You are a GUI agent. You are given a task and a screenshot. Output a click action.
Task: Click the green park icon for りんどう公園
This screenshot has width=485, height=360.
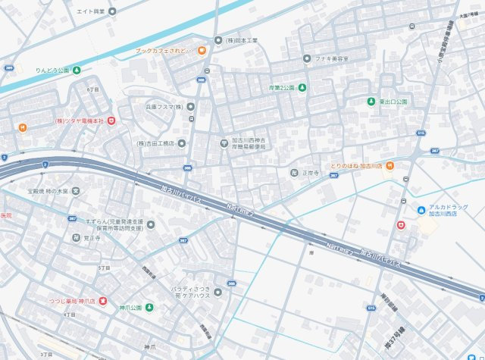coord(77,70)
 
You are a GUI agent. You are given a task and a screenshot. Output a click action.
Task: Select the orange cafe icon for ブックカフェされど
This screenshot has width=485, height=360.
coord(202,51)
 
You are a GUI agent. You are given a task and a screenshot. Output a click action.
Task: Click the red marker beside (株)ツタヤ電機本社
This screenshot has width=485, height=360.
coord(111,121)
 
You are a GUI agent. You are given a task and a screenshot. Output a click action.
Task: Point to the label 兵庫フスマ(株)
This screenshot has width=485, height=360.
coord(165,107)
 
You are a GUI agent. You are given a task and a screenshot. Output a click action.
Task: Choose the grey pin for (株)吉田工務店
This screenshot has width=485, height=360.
coord(182,143)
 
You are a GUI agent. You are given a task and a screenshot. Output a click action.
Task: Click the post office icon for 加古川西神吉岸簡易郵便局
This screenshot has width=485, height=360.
coord(224,142)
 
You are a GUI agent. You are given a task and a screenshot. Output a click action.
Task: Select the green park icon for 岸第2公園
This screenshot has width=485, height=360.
coord(302,88)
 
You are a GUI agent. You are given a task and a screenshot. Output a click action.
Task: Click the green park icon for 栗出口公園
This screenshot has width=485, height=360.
coord(371,102)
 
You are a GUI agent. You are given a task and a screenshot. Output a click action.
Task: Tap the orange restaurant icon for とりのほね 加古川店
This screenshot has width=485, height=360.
coord(389,166)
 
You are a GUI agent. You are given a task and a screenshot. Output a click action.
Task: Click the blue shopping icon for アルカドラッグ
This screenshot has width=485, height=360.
coord(421,210)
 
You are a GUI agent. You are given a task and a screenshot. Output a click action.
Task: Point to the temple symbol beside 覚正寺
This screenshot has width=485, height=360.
coord(76,237)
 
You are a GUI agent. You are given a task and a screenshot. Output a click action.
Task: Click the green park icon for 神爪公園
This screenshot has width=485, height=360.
coord(149,308)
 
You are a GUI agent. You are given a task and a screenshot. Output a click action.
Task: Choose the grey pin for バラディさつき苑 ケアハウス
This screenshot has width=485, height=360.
coord(218,292)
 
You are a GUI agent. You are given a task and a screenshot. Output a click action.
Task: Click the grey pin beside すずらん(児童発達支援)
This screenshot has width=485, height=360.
coord(151,224)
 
